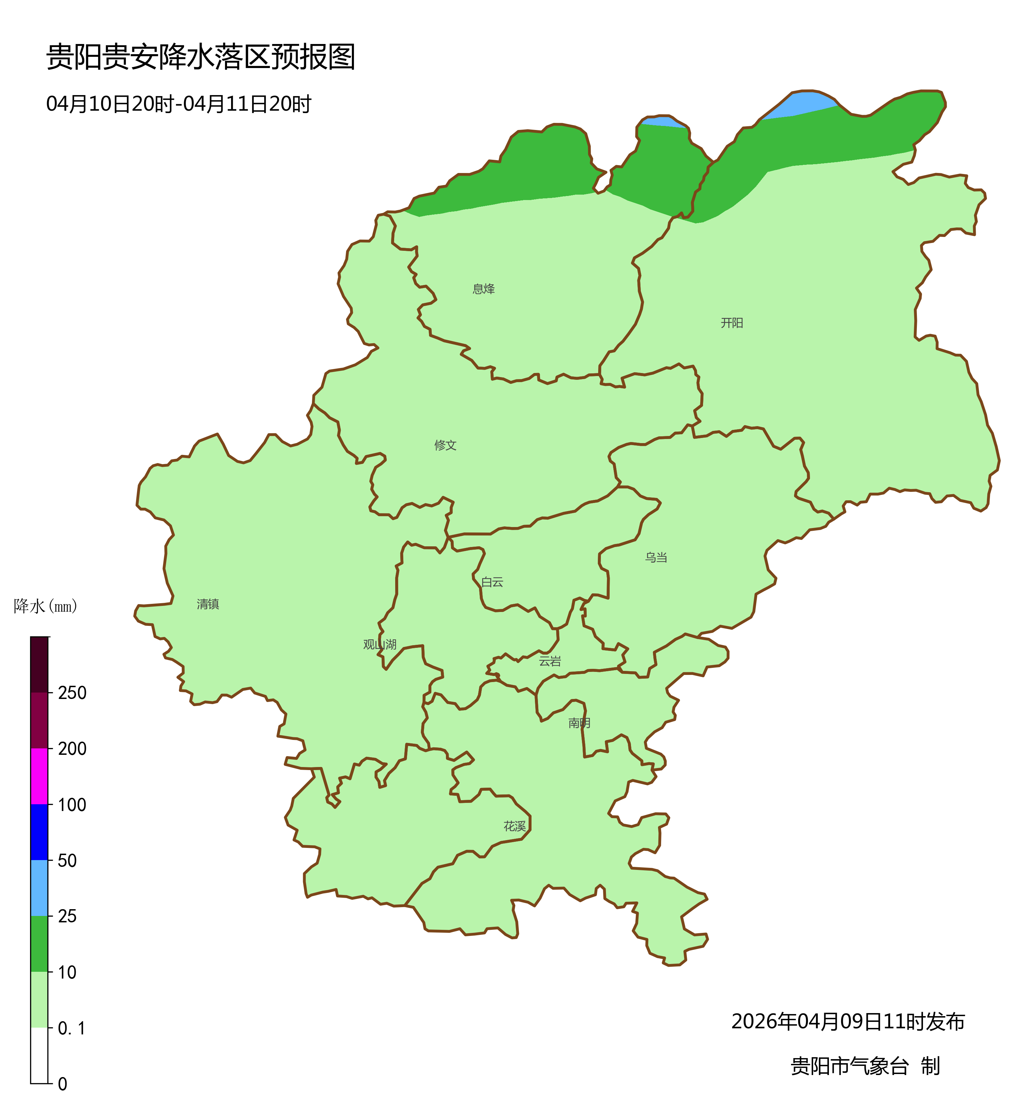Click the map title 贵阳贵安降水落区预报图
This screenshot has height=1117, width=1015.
click(x=200, y=57)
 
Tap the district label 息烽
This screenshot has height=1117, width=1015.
click(x=483, y=289)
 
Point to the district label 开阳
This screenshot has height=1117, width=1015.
click(x=731, y=323)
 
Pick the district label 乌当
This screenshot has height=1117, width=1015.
click(x=656, y=558)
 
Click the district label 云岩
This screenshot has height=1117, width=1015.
click(x=550, y=661)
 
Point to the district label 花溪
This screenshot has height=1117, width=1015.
click(x=514, y=827)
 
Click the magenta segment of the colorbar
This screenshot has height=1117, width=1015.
click(x=39, y=776)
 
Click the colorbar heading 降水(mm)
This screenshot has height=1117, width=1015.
click(x=45, y=607)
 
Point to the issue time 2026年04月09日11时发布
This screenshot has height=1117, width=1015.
click(x=848, y=1022)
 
